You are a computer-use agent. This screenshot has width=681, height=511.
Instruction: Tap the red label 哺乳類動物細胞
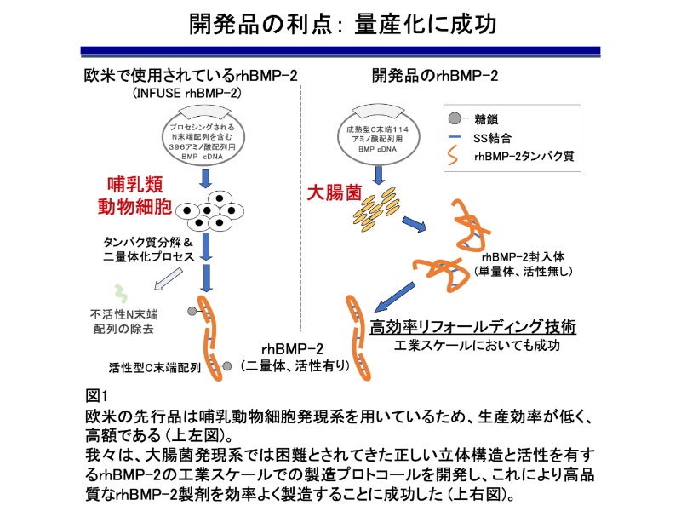pos(140,195)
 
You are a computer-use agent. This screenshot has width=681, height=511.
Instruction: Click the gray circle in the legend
pos(455,118)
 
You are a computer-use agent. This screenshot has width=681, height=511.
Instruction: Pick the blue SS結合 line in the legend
pos(455,136)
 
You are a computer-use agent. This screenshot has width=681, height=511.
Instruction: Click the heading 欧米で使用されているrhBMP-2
pos(190,75)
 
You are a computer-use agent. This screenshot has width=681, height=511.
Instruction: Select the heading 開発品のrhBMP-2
pos(435,75)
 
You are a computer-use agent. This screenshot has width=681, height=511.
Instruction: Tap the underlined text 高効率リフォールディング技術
pos(473,327)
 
